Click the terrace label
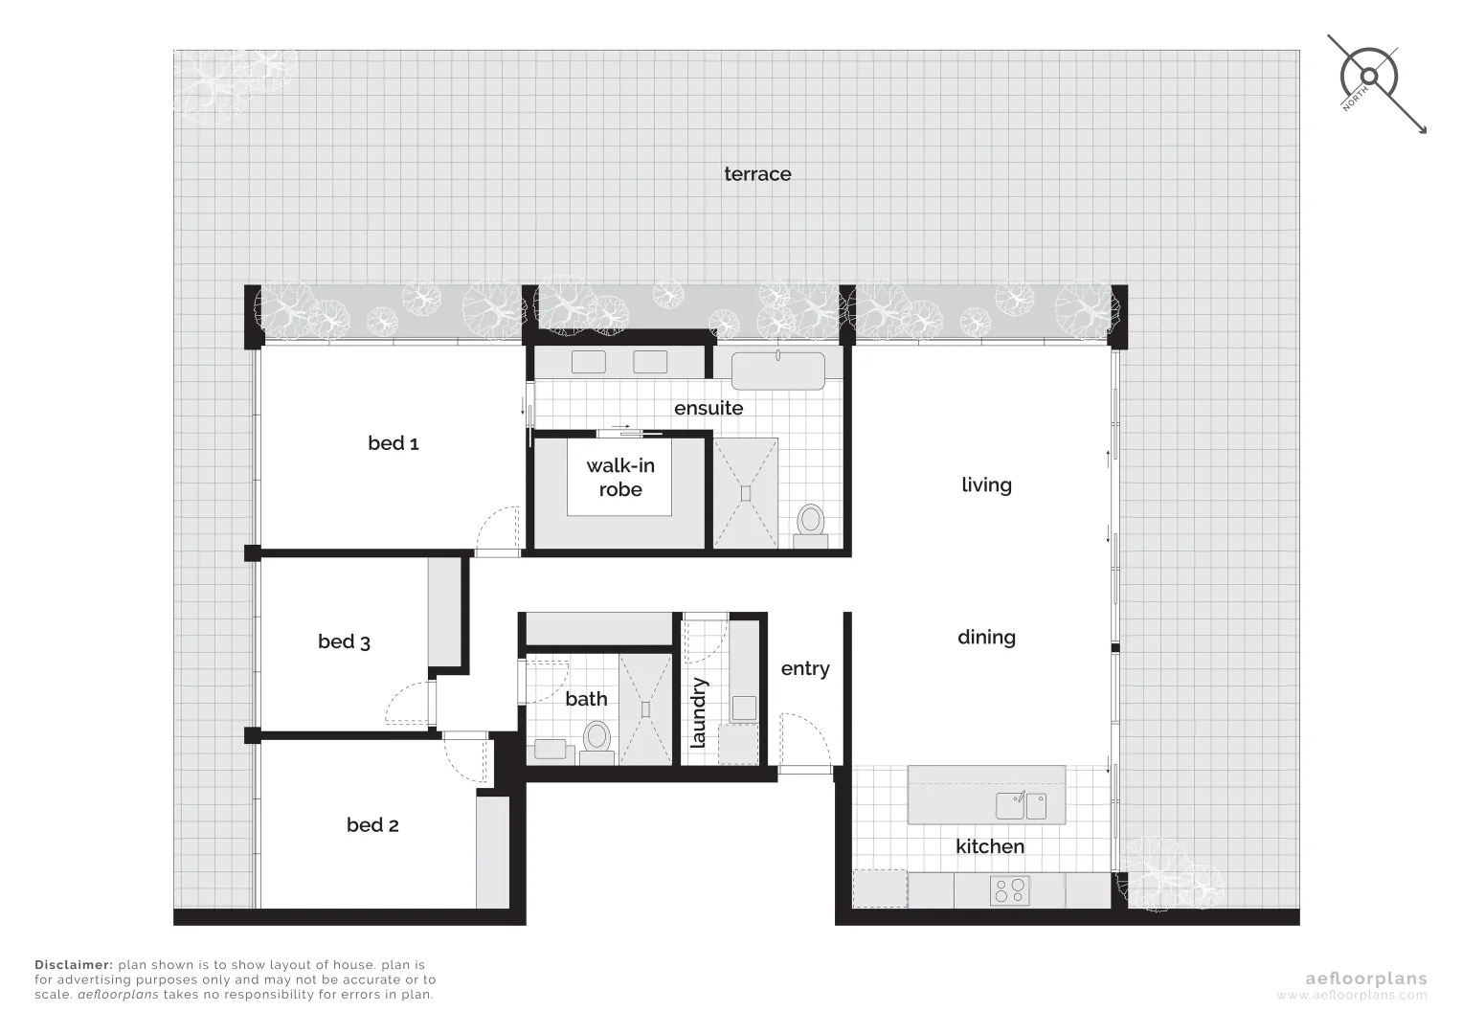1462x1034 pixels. (x=757, y=174)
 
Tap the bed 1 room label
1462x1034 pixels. (x=393, y=443)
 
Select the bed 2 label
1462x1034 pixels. (x=372, y=825)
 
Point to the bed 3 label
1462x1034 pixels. (x=344, y=642)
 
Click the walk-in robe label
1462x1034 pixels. (x=620, y=478)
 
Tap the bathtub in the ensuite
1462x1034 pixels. (x=777, y=371)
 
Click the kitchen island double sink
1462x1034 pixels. (x=1021, y=806)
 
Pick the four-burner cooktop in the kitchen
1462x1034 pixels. (x=1009, y=891)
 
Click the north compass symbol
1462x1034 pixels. (x=1369, y=77)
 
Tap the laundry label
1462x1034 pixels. (x=698, y=712)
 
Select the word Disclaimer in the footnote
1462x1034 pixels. (x=73, y=965)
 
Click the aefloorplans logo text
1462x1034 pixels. (x=1366, y=978)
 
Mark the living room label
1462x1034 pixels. (x=986, y=485)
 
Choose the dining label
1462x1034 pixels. (x=986, y=638)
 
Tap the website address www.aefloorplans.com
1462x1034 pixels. (x=1351, y=996)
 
